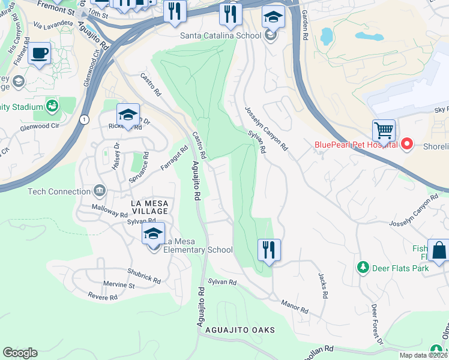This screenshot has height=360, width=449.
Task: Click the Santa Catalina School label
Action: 221,35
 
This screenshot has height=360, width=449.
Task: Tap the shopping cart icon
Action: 384,130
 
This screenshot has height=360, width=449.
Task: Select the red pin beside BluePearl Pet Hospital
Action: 407,144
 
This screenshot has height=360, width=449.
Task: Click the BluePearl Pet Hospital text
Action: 356,144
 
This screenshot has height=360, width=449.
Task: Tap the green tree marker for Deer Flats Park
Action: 362,266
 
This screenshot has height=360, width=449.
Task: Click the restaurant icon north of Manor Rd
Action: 269,250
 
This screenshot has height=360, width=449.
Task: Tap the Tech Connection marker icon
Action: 100,192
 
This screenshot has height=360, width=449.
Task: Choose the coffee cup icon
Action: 40,53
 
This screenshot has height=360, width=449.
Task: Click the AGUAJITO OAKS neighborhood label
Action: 240,331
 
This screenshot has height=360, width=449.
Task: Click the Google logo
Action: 20,353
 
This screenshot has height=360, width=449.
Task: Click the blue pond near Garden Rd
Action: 327,37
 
